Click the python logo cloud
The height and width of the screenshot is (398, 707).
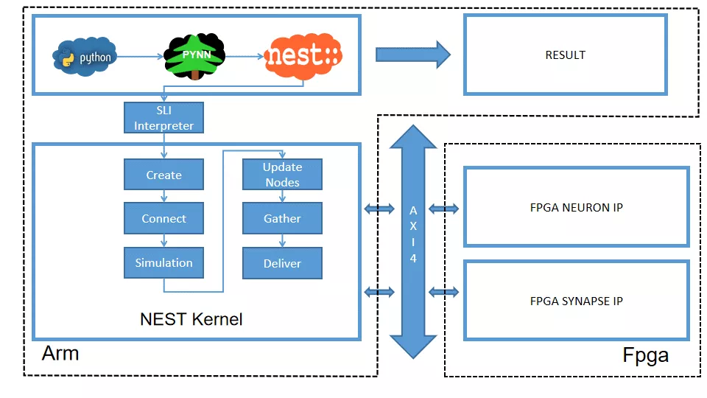[85, 57]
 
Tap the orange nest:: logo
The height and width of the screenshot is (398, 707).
[303, 55]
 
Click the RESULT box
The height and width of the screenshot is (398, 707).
[565, 55]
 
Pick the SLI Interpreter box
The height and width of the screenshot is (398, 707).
[163, 118]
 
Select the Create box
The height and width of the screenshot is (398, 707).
[163, 175]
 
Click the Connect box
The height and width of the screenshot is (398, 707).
[163, 218]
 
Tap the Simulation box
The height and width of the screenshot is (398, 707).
[163, 262]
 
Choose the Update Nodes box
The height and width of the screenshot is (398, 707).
[282, 175]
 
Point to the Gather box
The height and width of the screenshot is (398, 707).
[282, 218]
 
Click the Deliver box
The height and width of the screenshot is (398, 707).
[282, 263]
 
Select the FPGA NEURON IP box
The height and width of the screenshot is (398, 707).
[576, 207]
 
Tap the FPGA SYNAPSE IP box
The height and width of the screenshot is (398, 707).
[576, 301]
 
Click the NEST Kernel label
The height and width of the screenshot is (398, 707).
[191, 319]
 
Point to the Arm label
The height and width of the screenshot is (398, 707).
[60, 352]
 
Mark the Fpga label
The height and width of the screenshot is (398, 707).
[645, 355]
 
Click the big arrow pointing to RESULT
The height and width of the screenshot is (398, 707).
[412, 55]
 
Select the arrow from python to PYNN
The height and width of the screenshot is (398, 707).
[139, 56]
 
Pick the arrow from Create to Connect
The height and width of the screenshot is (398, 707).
[163, 197]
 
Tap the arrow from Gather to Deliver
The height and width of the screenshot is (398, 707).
[282, 241]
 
